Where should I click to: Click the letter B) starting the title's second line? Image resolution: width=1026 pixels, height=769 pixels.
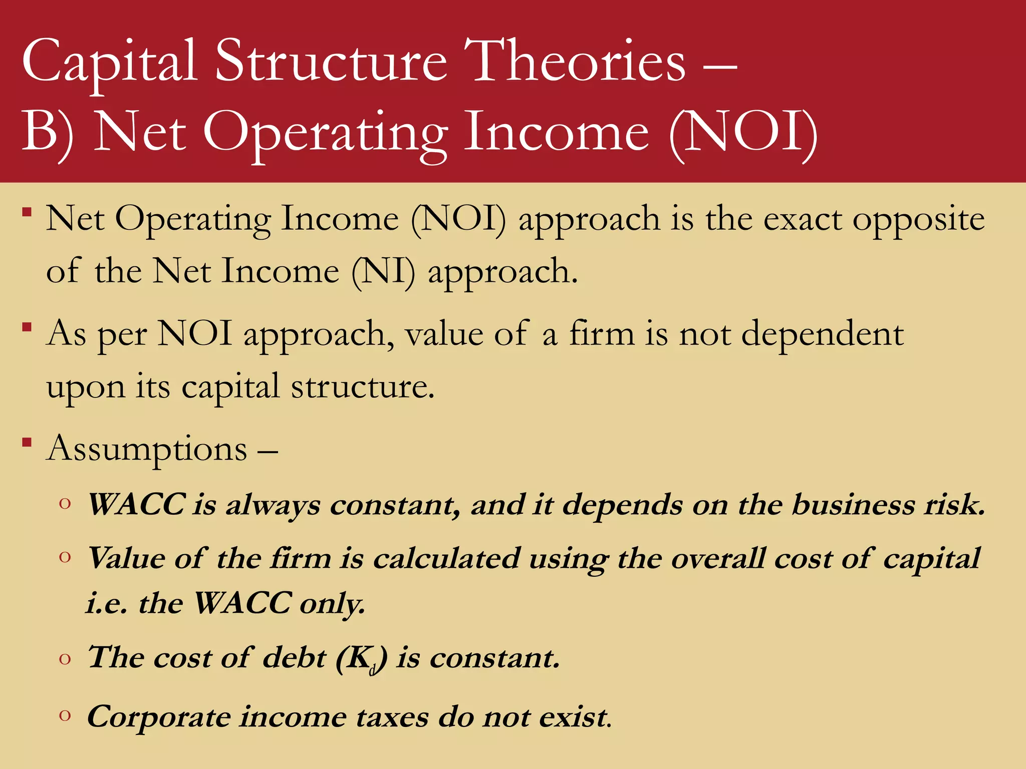pyautogui.click(x=48, y=134)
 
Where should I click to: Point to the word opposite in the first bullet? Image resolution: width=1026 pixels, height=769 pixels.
pyautogui.click(x=918, y=220)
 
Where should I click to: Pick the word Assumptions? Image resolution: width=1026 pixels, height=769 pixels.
pyautogui.click(x=146, y=449)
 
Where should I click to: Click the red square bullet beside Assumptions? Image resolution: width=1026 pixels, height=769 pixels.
pyautogui.click(x=27, y=442)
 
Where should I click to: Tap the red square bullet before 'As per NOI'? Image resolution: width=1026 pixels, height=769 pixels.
pyautogui.click(x=27, y=328)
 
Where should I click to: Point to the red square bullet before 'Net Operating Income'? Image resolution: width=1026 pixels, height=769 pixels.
pyautogui.click(x=27, y=212)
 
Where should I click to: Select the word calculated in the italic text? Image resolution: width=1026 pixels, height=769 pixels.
pyautogui.click(x=446, y=558)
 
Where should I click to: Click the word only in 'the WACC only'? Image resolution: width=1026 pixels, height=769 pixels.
pyautogui.click(x=332, y=603)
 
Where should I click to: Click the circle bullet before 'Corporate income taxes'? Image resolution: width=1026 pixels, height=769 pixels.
pyautogui.click(x=65, y=715)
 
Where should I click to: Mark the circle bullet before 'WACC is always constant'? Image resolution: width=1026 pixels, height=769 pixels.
pyautogui.click(x=65, y=503)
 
